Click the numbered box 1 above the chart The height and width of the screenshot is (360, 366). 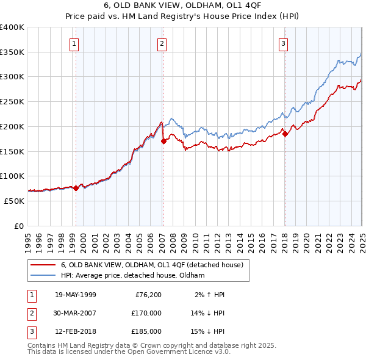pyautogui.click(x=74, y=43)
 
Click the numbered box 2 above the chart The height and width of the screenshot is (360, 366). pyautogui.click(x=162, y=43)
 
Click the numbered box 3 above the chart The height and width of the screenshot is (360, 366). pyautogui.click(x=284, y=43)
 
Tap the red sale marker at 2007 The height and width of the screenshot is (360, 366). pyautogui.click(x=163, y=141)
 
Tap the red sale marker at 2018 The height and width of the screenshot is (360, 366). pyautogui.click(x=285, y=134)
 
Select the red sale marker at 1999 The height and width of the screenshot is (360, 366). pyautogui.click(x=76, y=188)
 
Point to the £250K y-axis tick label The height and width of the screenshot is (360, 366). pyautogui.click(x=13, y=101)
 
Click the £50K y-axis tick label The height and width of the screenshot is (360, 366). pyautogui.click(x=15, y=201)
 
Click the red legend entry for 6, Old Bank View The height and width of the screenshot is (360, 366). pyautogui.click(x=152, y=265)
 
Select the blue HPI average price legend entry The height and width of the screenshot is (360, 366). pyautogui.click(x=132, y=275)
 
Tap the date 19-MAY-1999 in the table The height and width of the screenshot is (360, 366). pyautogui.click(x=75, y=295)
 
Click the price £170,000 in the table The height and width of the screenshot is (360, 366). pyautogui.click(x=146, y=313)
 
